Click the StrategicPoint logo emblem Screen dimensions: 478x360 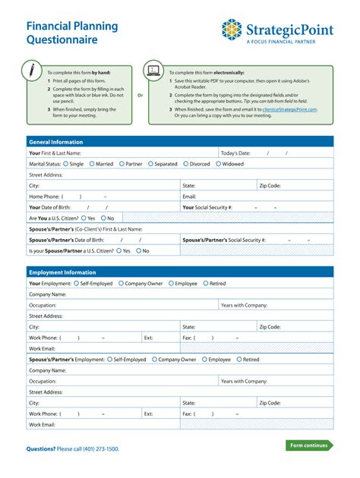(x=232, y=30)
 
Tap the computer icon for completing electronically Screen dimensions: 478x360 (x=154, y=71)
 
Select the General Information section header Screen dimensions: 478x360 (x=55, y=142)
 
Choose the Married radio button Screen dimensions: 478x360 (x=93, y=163)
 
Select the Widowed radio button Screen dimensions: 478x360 (x=219, y=163)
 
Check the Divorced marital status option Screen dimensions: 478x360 (x=185, y=163)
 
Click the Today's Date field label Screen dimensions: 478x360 (x=235, y=153)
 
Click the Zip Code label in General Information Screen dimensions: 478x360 (x=270, y=185)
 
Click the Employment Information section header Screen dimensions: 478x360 (x=62, y=272)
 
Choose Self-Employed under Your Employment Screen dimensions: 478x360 (x=77, y=283)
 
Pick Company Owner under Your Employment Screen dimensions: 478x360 (x=122, y=283)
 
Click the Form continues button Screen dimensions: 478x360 (x=309, y=445)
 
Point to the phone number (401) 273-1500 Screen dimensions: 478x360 (x=99, y=449)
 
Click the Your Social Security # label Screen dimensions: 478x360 (x=207, y=207)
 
